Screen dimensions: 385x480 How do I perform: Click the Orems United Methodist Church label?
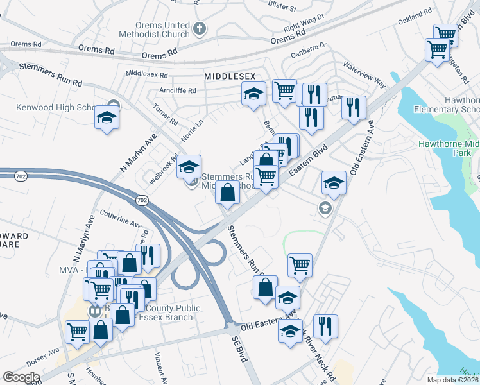click(x=162, y=30)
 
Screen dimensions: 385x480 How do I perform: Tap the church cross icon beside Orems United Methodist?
click(x=200, y=28)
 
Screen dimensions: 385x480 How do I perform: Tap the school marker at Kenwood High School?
click(x=105, y=117)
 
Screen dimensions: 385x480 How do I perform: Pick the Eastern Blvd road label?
click(x=308, y=159)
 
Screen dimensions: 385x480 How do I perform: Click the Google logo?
click(x=21, y=377)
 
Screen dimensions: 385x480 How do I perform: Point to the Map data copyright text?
click(x=453, y=380)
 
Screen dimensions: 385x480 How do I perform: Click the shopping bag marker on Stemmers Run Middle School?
click(x=228, y=191)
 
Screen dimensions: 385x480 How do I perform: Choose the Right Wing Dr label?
click(x=301, y=26)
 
